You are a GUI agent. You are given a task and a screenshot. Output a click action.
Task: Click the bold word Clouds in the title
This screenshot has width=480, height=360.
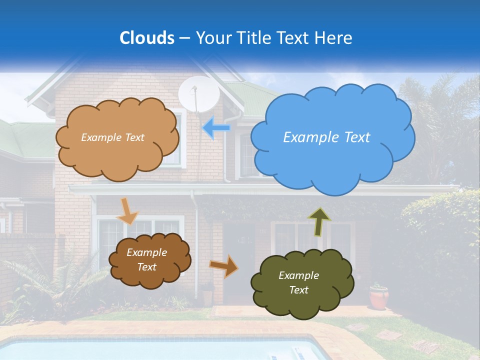pos(146,38)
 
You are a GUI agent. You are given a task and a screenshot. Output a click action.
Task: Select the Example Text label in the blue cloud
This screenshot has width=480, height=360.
pos(326,137)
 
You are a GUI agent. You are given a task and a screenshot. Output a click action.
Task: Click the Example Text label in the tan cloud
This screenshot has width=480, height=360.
pos(112,137)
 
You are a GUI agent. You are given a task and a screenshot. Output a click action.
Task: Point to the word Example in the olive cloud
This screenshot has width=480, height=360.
pos(298,275)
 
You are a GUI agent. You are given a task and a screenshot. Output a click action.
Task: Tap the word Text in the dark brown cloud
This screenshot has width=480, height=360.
pos(147,267)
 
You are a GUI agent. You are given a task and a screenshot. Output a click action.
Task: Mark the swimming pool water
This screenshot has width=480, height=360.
pos(150,350)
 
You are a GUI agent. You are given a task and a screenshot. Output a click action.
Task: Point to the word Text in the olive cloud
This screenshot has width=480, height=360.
pos(298,290)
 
